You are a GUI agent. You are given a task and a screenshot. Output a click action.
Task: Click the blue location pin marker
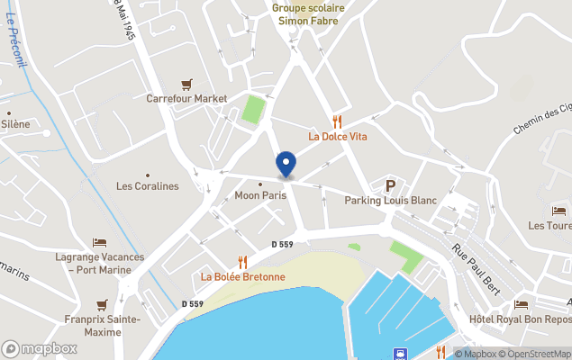click(286, 164)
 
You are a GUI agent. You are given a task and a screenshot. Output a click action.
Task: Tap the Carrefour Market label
click(186, 98)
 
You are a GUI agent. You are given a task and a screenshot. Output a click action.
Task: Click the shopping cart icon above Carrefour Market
click(186, 84)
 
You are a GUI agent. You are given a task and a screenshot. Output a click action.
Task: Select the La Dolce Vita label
click(338, 137)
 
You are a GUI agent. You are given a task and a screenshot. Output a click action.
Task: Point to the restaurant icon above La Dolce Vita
click(338, 121)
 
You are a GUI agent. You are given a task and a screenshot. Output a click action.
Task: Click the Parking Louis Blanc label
click(390, 201)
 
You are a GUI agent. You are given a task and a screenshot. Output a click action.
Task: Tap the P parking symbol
click(391, 186)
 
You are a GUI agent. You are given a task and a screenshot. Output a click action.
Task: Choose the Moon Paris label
click(259, 195)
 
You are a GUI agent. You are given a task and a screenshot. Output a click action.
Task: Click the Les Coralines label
click(148, 186)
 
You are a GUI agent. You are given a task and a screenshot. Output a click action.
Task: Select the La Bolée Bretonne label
click(242, 276)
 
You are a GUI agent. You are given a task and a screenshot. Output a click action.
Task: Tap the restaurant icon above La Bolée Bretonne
click(242, 261)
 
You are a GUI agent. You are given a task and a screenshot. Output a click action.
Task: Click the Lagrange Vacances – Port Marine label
click(99, 263)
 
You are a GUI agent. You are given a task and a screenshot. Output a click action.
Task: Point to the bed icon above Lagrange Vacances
click(99, 243)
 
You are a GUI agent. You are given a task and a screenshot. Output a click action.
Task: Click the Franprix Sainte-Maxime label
click(102, 325)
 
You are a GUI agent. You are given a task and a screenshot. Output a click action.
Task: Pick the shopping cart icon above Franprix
click(102, 304)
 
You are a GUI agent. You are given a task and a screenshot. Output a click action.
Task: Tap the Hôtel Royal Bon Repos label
click(521, 319)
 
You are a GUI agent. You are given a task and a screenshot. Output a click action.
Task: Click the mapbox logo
click(40, 348)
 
